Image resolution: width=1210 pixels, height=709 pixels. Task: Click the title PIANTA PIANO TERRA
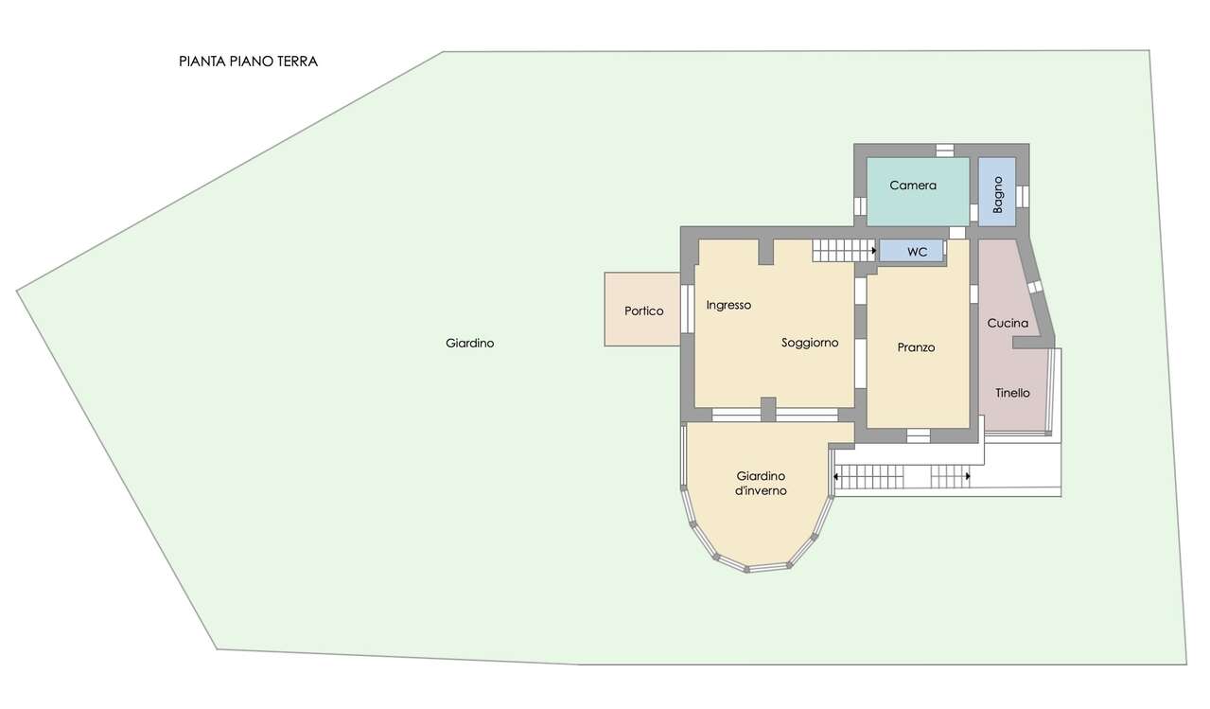click(x=248, y=62)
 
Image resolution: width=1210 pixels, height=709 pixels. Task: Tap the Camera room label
click(x=913, y=186)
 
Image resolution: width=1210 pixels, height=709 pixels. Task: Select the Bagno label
click(x=998, y=195)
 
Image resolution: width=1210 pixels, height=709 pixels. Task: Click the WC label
click(x=918, y=252)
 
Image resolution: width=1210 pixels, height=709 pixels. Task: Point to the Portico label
click(x=644, y=310)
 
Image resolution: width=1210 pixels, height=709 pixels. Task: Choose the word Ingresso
click(x=728, y=306)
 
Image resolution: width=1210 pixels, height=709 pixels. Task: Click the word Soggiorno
click(x=810, y=343)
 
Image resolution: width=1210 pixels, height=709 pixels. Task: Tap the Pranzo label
click(x=916, y=347)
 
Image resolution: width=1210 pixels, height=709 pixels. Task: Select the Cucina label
click(x=1008, y=323)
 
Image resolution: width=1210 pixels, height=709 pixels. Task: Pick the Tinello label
click(x=1013, y=393)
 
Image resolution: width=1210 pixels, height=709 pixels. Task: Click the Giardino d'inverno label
click(x=761, y=483)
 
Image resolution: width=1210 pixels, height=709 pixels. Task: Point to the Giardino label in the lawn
click(x=469, y=344)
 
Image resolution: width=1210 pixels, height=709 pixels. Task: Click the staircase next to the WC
click(x=844, y=251)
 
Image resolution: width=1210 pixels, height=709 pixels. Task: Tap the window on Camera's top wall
click(x=945, y=151)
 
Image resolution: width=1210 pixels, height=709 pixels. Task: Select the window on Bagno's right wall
click(x=1023, y=196)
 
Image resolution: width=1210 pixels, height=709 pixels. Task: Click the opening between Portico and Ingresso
click(x=687, y=308)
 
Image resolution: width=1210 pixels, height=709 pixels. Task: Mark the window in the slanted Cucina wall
click(x=1035, y=287)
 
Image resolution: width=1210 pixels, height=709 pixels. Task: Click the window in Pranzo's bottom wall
click(x=919, y=435)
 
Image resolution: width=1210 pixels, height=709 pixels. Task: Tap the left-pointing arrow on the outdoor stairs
click(x=836, y=477)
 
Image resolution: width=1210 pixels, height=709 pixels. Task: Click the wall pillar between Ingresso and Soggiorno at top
click(x=766, y=252)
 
